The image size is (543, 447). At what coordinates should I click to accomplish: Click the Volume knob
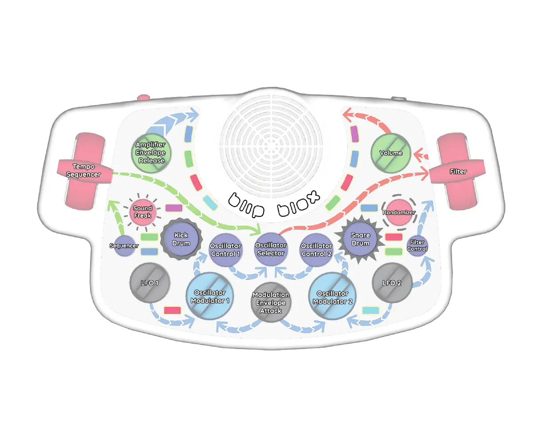(x=390, y=153)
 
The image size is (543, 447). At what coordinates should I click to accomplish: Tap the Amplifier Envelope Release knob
(x=151, y=153)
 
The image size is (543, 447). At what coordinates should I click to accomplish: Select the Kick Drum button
(x=181, y=240)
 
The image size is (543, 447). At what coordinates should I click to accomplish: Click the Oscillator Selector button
(x=271, y=249)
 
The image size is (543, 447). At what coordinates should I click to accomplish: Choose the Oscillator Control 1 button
(x=225, y=250)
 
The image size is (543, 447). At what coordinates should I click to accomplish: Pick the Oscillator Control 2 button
(x=316, y=250)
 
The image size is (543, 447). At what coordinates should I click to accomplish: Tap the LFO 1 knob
(x=150, y=283)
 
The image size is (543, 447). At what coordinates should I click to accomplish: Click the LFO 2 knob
(x=392, y=283)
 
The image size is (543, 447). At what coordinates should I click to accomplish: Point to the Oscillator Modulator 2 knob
(x=332, y=297)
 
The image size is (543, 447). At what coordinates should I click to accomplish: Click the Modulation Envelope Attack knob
(x=271, y=303)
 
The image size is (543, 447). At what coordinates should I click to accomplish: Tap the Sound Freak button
(x=142, y=212)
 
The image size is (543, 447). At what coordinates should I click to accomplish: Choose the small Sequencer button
(x=124, y=246)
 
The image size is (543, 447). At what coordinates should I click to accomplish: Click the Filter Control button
(x=417, y=246)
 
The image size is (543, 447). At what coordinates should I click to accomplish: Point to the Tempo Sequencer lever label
(x=83, y=171)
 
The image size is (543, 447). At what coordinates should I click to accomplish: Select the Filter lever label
(x=457, y=172)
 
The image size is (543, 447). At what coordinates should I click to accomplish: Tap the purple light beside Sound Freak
(x=173, y=208)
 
